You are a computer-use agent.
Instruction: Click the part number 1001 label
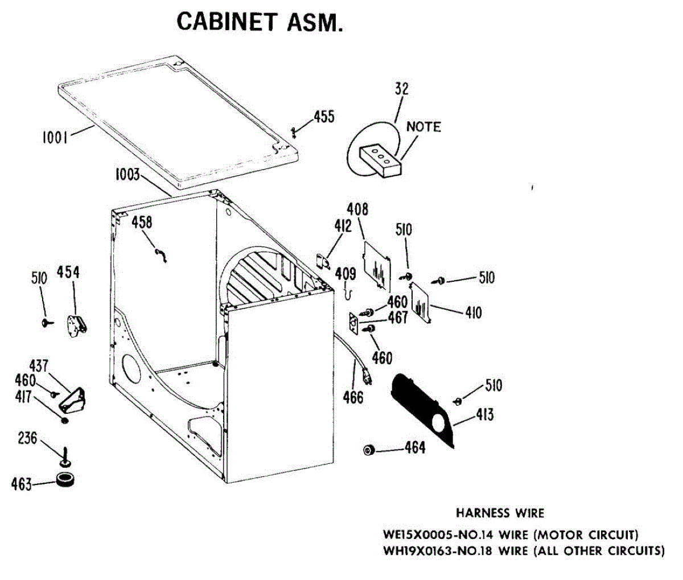tap(55, 137)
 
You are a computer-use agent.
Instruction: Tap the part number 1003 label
tap(127, 174)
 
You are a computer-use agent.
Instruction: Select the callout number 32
tap(401, 89)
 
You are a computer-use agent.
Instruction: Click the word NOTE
tap(423, 126)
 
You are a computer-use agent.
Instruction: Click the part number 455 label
tap(324, 117)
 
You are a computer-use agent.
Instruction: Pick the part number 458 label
tap(142, 222)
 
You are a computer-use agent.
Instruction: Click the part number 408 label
tap(358, 209)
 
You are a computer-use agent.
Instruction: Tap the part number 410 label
tap(473, 312)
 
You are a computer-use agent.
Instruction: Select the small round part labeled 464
tap(369, 450)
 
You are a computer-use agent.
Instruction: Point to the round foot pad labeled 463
tap(64, 480)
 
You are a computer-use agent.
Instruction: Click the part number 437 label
tap(38, 365)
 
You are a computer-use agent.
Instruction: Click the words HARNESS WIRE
tap(500, 513)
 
